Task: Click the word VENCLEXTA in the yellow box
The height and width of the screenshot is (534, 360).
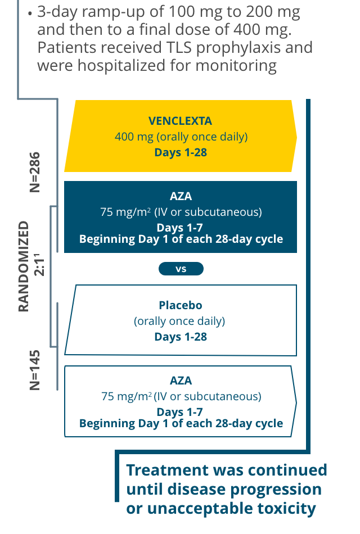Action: coord(181,121)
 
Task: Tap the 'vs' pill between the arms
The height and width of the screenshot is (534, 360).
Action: coord(181,269)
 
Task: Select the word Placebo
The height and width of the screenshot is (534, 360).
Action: coord(180,306)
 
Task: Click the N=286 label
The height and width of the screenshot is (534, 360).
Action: coord(35,172)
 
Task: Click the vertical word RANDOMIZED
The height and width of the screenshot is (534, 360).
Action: coord(24,266)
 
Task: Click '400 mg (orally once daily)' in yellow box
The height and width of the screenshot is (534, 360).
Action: coord(181,137)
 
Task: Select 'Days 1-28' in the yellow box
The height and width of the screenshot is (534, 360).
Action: coord(181,152)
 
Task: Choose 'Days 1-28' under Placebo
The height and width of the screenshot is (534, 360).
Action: coord(180,337)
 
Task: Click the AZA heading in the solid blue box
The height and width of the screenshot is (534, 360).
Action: coord(181,197)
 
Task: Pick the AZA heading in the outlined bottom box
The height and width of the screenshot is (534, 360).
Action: coord(181,381)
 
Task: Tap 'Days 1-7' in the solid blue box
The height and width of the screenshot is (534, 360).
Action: coord(180,228)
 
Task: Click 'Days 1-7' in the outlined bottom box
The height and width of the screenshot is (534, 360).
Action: coord(180,412)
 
